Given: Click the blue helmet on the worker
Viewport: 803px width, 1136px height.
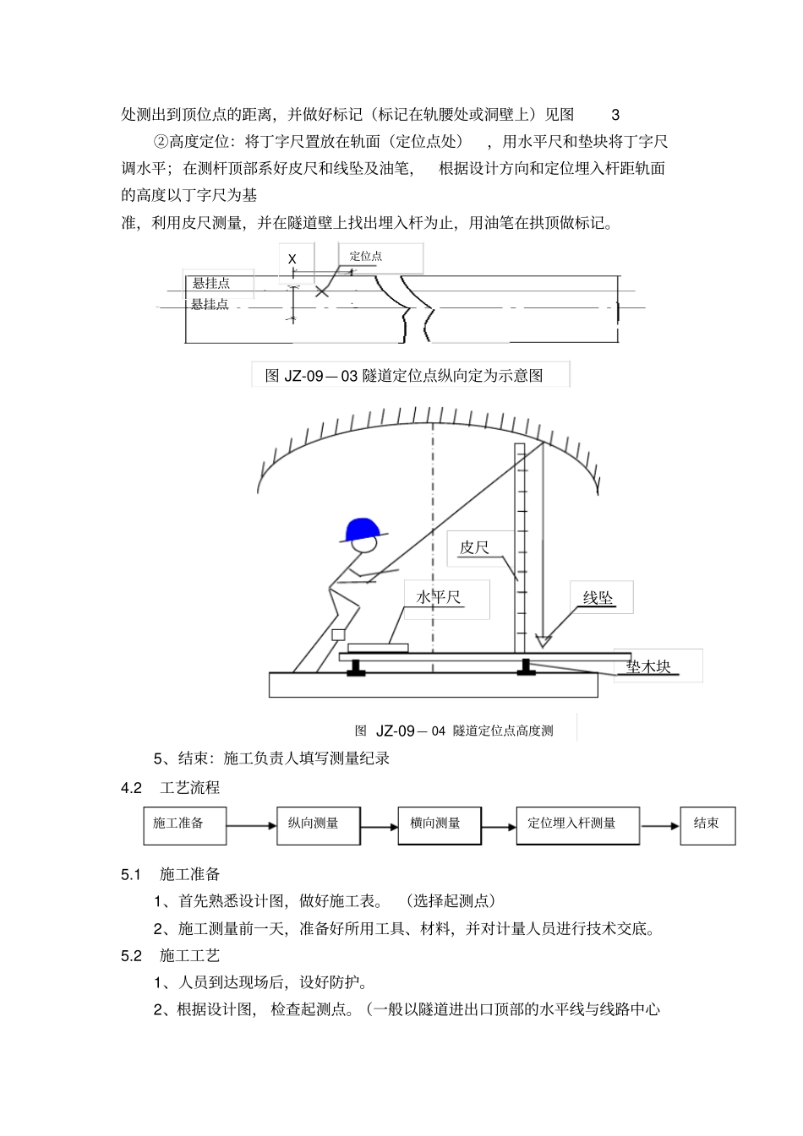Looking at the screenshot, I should click(x=363, y=530).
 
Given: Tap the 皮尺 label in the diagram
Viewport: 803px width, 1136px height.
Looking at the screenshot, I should click(x=474, y=548).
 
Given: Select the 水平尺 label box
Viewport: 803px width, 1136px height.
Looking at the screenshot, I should click(x=440, y=597).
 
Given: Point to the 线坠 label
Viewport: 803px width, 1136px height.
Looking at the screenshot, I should click(x=598, y=599).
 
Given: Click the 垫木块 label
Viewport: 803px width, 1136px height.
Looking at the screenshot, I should click(x=648, y=666).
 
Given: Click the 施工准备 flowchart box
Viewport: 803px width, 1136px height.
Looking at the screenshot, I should click(x=184, y=825).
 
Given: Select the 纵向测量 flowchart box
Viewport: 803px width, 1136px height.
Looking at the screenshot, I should click(x=318, y=825).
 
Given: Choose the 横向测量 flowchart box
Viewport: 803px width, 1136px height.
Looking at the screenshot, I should click(x=440, y=825).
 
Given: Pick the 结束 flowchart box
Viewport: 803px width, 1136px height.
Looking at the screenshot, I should click(x=707, y=825).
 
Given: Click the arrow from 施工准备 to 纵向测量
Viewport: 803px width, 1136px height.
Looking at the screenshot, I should click(x=251, y=826).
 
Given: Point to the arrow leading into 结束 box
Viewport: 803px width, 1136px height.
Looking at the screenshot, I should click(x=659, y=826).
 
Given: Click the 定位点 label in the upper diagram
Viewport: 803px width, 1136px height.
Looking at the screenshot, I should click(x=366, y=256).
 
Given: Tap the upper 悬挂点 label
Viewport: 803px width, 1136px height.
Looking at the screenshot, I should click(x=211, y=283).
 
